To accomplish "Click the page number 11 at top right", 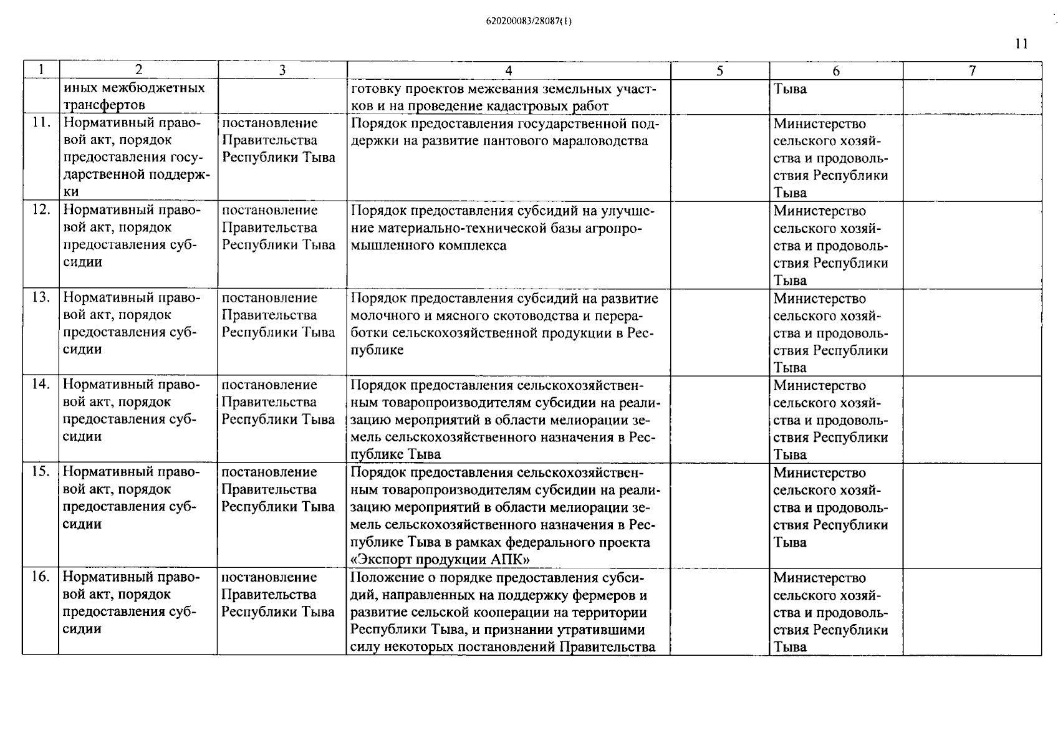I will (x=1021, y=44).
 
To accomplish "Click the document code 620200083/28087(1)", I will (x=528, y=21).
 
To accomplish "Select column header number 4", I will (x=508, y=70).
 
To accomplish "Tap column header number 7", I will (x=972, y=70).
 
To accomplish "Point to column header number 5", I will (x=719, y=70).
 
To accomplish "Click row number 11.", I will (x=41, y=123).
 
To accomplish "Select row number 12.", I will (x=41, y=210).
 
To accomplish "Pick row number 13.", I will (x=41, y=297).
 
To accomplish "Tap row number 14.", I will (x=41, y=385).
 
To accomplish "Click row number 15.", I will (x=41, y=472).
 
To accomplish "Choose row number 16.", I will (x=41, y=577).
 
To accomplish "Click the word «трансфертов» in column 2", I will (x=104, y=105).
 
